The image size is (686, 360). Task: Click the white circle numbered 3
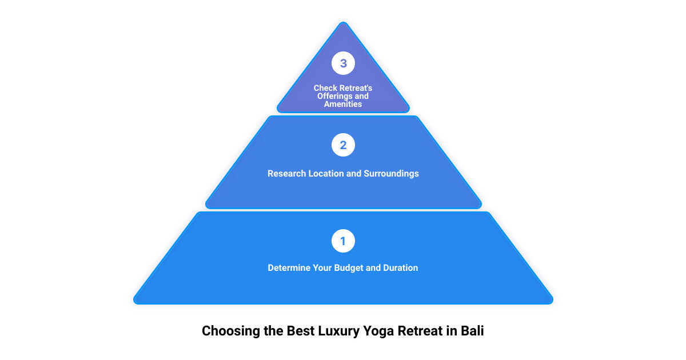point(343,63)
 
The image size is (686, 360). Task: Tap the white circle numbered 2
point(343,145)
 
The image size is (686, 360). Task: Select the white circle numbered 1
point(343,241)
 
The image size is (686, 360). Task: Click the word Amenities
point(343,104)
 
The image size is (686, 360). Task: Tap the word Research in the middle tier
point(286,174)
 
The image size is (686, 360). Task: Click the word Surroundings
point(391,174)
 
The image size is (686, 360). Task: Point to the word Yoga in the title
point(378,331)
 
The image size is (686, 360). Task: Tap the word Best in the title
point(301,331)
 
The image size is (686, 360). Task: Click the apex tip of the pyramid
point(344,22)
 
